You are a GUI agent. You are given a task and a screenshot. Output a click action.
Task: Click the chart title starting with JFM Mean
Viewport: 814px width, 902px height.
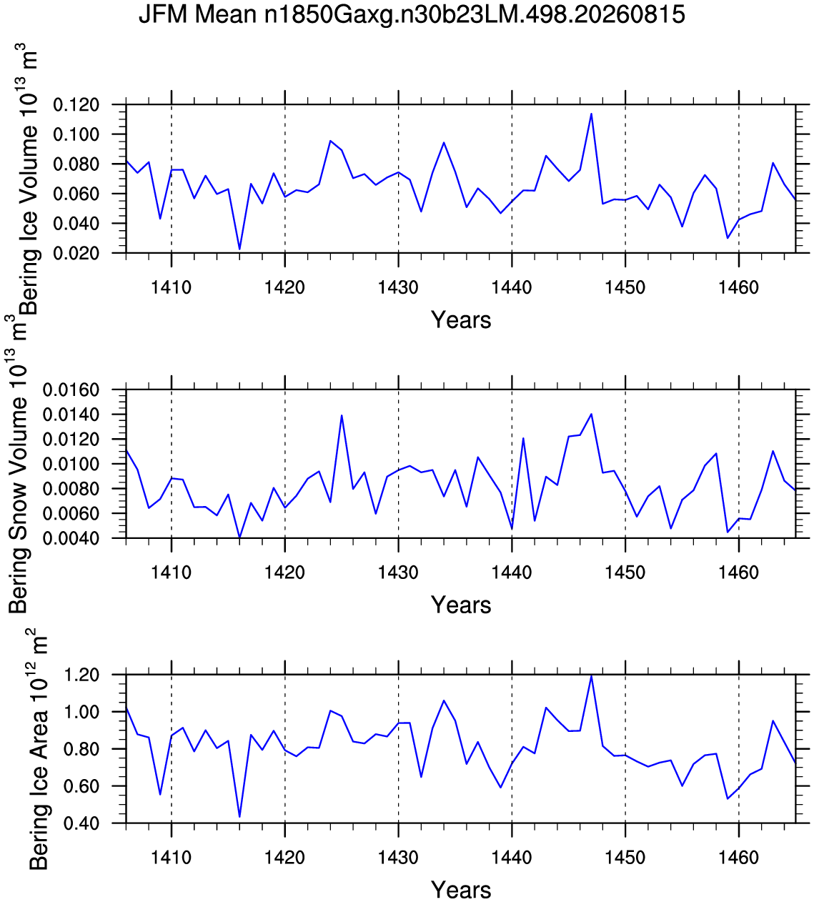point(412,15)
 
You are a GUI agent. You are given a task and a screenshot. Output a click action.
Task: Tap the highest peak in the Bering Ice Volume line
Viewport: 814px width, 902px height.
point(591,114)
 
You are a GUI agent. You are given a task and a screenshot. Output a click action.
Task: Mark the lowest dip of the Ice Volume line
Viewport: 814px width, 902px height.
point(239,249)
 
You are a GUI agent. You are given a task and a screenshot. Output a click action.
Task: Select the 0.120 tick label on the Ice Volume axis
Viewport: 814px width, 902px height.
point(76,105)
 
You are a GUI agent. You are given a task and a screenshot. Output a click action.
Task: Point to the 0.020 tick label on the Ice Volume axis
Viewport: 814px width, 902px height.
point(76,253)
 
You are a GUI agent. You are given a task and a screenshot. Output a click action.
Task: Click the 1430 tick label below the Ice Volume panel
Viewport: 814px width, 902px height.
point(398,287)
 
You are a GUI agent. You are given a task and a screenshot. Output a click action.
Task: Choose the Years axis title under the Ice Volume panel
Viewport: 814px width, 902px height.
point(461,319)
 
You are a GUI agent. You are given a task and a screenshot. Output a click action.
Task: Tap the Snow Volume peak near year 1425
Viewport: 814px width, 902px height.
point(342,415)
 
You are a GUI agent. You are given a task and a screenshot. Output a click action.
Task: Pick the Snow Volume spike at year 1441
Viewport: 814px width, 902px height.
point(523,438)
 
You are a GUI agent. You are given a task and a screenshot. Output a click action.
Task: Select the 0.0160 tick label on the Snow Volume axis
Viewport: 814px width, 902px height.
point(71,390)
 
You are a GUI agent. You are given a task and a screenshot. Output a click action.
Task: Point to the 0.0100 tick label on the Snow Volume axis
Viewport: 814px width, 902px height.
point(71,464)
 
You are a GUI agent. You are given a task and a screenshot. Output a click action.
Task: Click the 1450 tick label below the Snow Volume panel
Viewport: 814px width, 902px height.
point(625,572)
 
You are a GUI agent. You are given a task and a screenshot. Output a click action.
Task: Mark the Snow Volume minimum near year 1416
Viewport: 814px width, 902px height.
point(239,537)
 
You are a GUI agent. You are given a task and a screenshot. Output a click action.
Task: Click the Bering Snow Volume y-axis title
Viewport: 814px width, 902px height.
point(18,464)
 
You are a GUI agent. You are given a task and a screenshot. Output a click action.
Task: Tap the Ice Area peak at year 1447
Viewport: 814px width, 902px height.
point(591,675)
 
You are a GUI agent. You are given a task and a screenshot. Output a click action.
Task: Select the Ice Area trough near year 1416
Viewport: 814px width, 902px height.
point(239,816)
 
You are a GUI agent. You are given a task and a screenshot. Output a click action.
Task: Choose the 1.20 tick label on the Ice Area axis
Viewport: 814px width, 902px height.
point(81,675)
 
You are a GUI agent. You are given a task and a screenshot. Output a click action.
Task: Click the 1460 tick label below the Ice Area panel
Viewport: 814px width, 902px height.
point(738,857)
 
